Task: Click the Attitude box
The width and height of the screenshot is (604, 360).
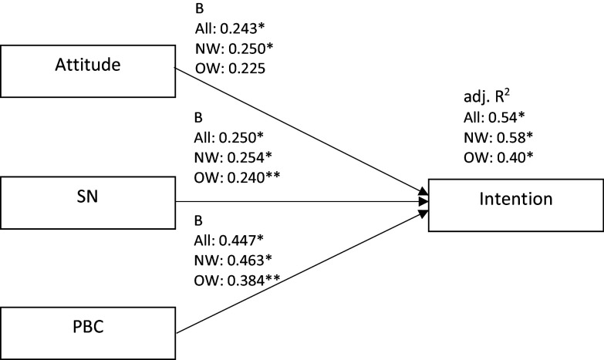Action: click(x=88, y=71)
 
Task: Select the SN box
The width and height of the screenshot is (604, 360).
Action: click(x=88, y=203)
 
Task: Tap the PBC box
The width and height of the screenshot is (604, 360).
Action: click(x=88, y=334)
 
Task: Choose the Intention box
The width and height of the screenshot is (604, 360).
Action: click(x=516, y=205)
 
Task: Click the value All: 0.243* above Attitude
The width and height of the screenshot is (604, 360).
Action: click(x=230, y=29)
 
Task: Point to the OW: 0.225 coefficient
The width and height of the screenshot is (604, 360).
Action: click(x=230, y=69)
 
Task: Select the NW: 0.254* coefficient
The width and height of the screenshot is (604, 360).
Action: click(x=233, y=157)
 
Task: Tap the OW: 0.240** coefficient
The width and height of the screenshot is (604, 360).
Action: click(x=237, y=177)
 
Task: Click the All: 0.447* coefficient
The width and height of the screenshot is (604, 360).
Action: click(x=229, y=241)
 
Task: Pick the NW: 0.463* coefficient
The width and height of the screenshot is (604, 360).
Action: click(x=233, y=261)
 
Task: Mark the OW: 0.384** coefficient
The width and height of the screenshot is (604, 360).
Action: click(x=237, y=281)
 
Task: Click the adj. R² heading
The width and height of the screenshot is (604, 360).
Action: click(x=487, y=96)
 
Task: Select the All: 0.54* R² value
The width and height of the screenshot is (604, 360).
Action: click(x=494, y=117)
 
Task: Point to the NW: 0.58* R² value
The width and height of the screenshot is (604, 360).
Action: click(x=498, y=137)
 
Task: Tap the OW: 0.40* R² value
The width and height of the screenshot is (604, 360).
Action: click(x=498, y=157)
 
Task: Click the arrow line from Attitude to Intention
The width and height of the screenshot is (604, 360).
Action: click(x=302, y=131)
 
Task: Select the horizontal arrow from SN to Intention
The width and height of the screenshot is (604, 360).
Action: click(x=302, y=201)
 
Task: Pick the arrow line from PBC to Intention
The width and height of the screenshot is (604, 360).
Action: click(x=302, y=272)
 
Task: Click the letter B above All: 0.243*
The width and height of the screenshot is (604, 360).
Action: click(x=199, y=8)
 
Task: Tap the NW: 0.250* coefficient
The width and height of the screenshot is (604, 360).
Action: click(x=234, y=49)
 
